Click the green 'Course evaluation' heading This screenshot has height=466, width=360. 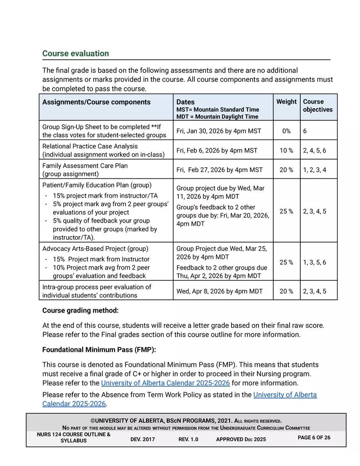[76, 54]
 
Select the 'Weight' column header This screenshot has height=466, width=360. [286, 101]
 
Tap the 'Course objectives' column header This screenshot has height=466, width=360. [318, 106]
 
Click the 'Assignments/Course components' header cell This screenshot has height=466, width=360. [97, 102]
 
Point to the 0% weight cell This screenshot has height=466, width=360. [286, 131]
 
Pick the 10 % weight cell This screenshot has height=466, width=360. [286, 151]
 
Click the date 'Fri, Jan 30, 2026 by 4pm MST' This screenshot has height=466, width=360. [218, 131]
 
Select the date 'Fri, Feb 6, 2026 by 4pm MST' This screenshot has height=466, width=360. [217, 151]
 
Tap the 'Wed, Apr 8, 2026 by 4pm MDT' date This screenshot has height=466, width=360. [219, 291]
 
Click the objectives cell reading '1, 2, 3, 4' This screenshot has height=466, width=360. [315, 170]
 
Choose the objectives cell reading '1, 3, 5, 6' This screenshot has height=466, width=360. [315, 262]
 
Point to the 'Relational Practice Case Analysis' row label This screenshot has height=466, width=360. [90, 146]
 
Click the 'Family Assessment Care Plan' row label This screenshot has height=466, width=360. [85, 166]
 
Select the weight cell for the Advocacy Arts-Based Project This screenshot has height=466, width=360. [286, 262]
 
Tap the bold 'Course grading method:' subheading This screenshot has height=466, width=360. [81, 311]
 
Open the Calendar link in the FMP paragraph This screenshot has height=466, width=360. [165, 383]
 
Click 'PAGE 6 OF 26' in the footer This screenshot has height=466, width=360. [314, 437]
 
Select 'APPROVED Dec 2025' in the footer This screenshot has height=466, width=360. [241, 439]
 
